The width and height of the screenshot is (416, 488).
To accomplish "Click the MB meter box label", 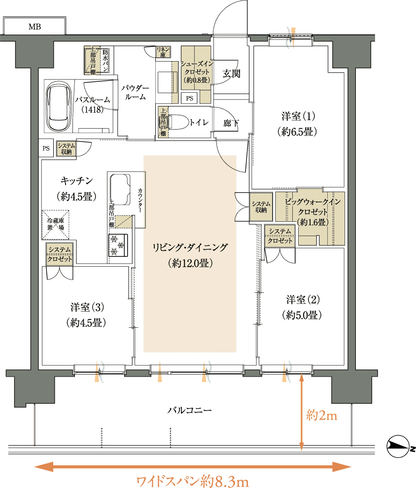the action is [35, 27].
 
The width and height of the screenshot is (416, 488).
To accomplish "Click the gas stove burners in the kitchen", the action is [118, 244].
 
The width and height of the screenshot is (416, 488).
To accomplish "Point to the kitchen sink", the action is [120, 189].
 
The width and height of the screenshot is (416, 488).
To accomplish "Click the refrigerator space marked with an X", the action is [55, 225].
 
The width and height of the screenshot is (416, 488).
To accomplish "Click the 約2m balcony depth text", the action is [322, 416].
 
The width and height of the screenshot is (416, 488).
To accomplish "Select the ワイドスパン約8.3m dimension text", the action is [193, 481].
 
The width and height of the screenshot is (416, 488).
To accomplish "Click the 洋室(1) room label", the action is [298, 116].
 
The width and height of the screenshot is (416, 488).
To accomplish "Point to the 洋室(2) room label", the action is [303, 300].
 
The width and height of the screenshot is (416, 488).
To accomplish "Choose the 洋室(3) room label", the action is [87, 308].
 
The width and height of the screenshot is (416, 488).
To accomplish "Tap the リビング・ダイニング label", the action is [190, 248].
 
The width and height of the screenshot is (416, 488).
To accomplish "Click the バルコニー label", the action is [189, 410].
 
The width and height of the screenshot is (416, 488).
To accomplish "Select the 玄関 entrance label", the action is [231, 74].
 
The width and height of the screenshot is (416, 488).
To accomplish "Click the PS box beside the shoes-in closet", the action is [189, 99].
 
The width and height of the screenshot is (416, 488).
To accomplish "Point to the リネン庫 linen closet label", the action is [163, 52].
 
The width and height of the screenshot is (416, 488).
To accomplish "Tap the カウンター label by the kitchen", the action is [140, 200].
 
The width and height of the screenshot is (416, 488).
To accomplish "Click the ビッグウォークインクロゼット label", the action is [312, 207].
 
